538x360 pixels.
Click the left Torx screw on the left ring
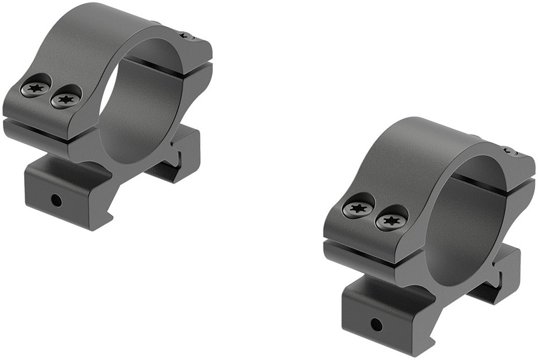[x=36, y=88]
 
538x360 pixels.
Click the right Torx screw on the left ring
[x=66, y=99]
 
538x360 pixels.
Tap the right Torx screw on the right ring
[x=391, y=220]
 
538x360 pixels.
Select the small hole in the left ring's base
[x=55, y=199]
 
